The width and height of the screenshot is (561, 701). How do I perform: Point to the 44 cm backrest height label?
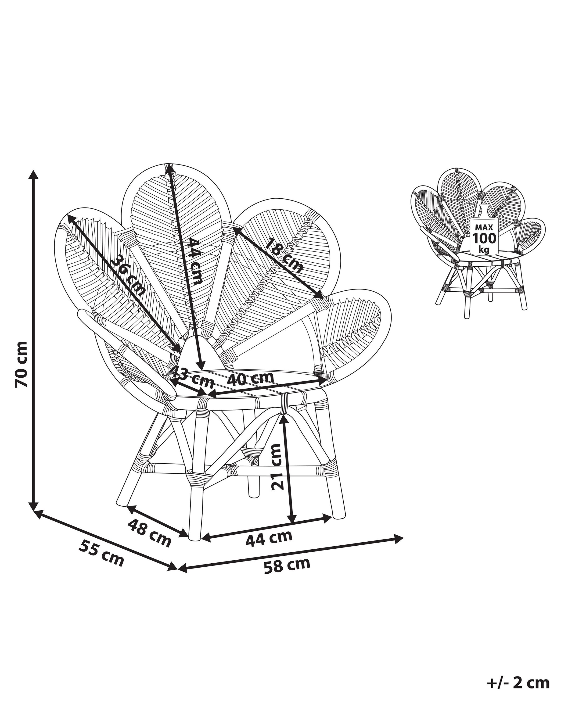tap(195, 261)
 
